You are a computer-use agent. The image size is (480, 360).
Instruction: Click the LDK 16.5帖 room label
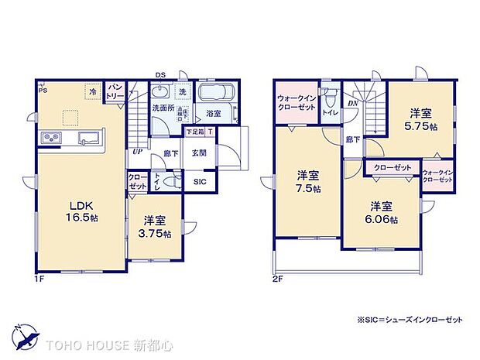(x=81, y=211)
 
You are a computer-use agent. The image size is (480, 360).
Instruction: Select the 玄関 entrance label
(x=199, y=153)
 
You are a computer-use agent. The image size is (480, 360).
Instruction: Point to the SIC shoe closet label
(x=200, y=183)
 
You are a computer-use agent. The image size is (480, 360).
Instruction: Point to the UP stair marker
(x=138, y=152)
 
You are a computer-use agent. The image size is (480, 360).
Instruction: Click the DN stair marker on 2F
(x=352, y=104)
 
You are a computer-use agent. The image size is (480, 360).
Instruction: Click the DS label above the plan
(x=159, y=74)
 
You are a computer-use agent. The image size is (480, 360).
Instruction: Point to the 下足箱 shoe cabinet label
(x=194, y=133)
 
